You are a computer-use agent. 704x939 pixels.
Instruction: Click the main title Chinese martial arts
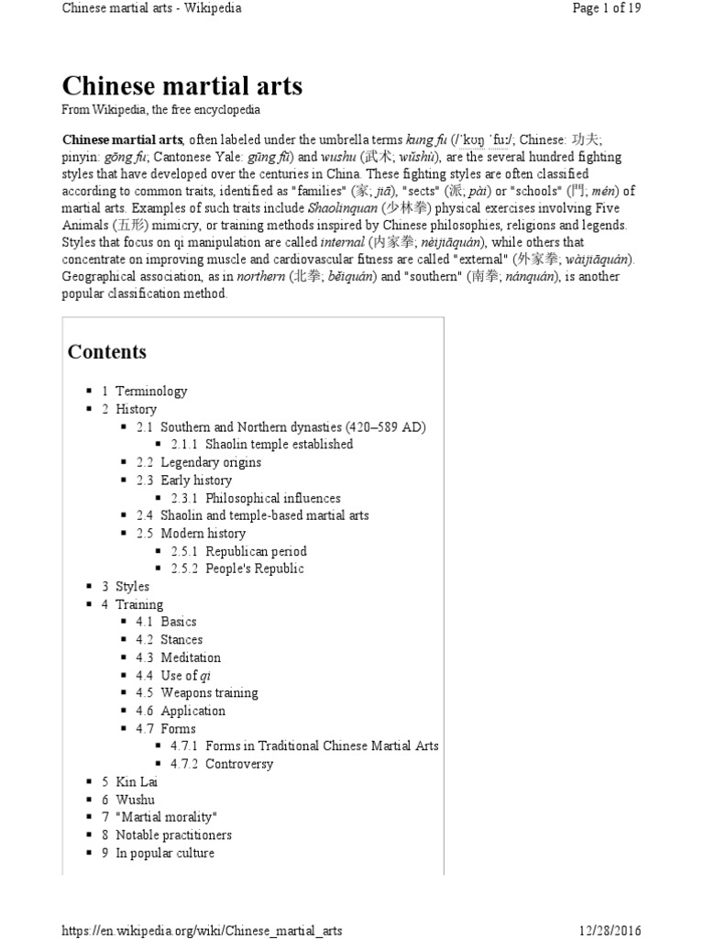[181, 86]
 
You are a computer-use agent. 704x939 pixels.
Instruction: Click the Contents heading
[106, 352]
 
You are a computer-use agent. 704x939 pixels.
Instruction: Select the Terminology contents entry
[151, 391]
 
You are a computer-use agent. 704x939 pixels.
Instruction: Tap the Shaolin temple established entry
[279, 445]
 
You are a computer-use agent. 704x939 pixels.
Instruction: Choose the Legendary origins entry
[211, 462]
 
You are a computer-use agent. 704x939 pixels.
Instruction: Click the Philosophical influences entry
[272, 498]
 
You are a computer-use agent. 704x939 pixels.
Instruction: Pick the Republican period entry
[256, 551]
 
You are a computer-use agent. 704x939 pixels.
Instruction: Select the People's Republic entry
[254, 569]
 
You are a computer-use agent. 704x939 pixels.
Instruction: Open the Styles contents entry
[132, 587]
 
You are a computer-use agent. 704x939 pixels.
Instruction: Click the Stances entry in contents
[181, 640]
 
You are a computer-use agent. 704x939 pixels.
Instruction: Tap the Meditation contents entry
[191, 657]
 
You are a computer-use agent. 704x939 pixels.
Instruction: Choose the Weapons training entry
[209, 693]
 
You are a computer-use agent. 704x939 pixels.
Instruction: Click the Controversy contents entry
[238, 764]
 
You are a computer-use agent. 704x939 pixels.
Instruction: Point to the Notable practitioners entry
[173, 835]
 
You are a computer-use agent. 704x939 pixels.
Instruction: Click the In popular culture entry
[165, 853]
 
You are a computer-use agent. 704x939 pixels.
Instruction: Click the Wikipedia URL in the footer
[202, 930]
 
